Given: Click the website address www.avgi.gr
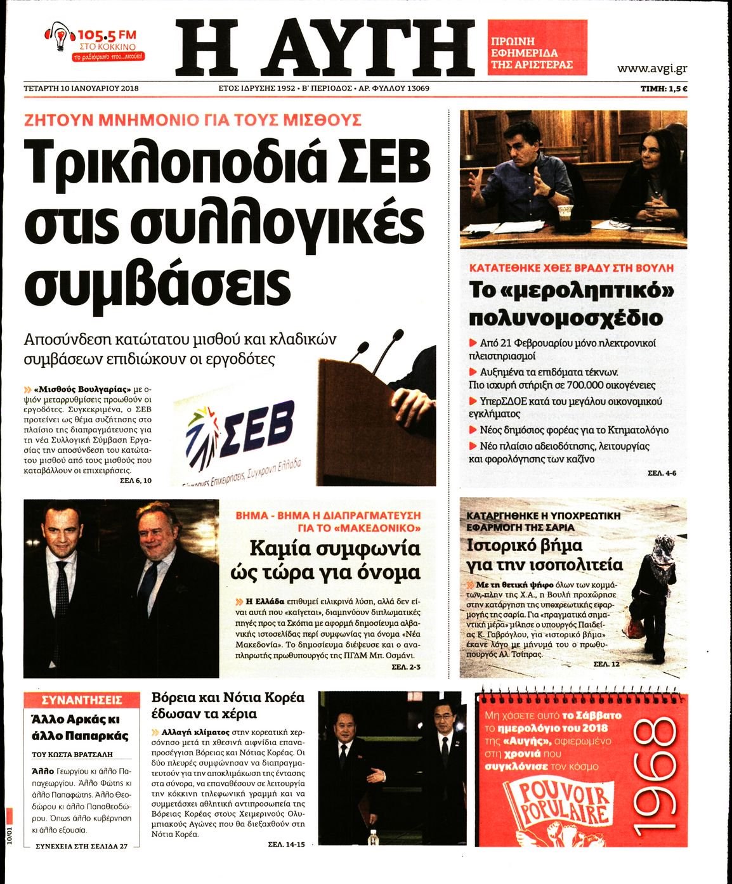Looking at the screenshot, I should pyautogui.click(x=651, y=68).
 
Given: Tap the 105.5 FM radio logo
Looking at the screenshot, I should pyautogui.click(x=96, y=42).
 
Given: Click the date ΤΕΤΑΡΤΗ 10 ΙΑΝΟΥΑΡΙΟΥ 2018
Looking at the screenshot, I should pyautogui.click(x=81, y=88).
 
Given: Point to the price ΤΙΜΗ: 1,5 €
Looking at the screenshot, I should pyautogui.click(x=663, y=89).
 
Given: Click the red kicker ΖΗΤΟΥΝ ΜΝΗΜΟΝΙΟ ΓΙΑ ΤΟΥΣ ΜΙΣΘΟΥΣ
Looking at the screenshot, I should pyautogui.click(x=193, y=120).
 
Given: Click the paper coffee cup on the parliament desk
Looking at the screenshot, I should pyautogui.click(x=564, y=214).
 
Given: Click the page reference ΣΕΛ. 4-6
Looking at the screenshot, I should pyautogui.click(x=662, y=474).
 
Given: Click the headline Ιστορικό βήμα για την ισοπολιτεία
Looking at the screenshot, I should pyautogui.click(x=544, y=555).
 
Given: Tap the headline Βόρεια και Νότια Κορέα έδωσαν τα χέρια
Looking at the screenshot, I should pyautogui.click(x=228, y=705).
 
